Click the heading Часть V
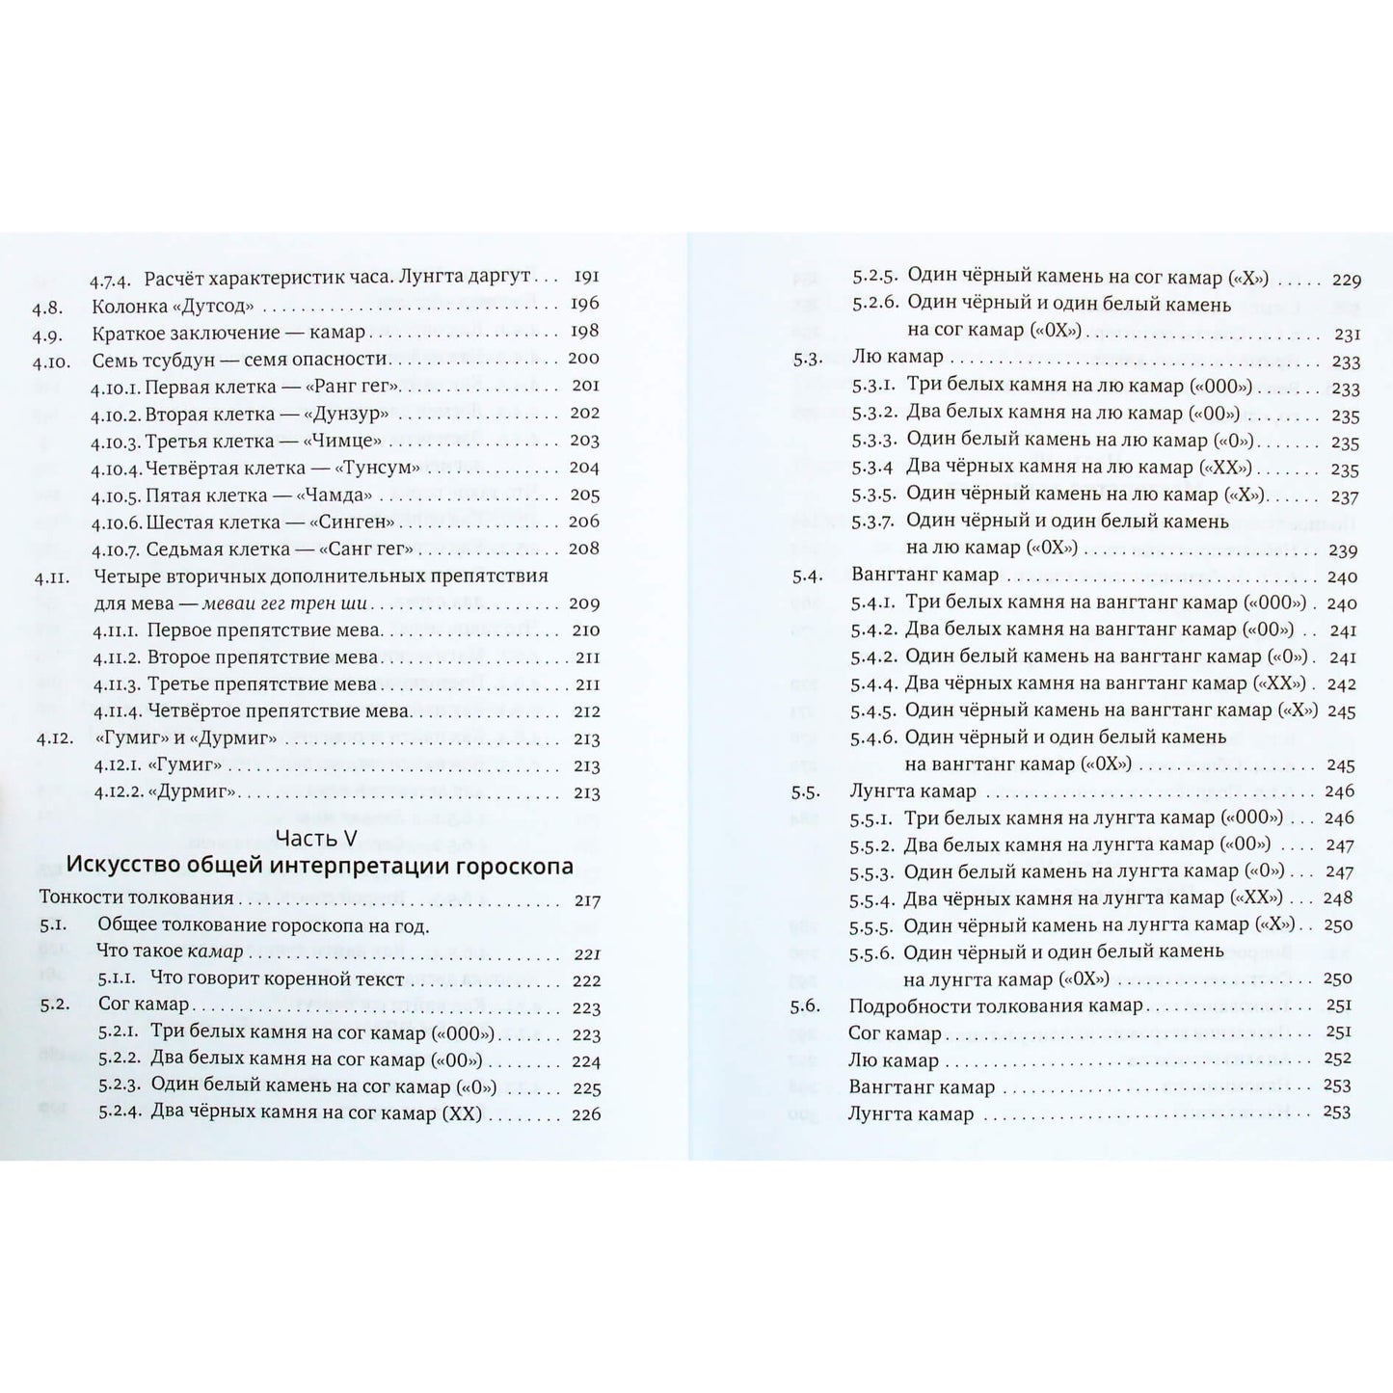coord(315,836)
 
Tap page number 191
coord(585,277)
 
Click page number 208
coord(584,549)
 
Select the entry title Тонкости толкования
coord(136,898)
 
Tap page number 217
coord(585,901)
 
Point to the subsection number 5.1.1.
coord(121,980)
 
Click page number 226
coord(585,1114)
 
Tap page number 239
coord(1344,550)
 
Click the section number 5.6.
coord(805,1006)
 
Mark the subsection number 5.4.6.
coord(874,737)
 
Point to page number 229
coord(1346,281)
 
